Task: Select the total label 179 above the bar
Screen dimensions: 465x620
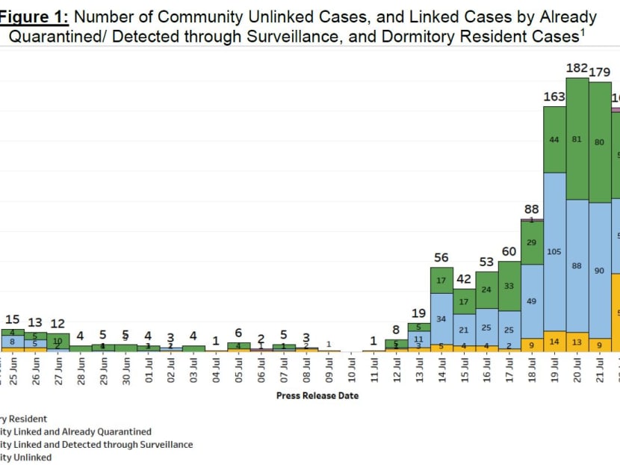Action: pos(600,73)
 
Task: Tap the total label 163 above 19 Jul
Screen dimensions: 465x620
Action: pos(554,97)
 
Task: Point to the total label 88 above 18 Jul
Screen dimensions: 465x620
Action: pos(531,209)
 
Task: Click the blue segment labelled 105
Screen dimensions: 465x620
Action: pos(554,252)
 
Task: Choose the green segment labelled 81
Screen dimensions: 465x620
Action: pos(577,139)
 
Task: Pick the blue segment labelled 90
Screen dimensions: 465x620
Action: pos(600,270)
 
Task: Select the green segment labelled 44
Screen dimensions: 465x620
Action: pos(554,140)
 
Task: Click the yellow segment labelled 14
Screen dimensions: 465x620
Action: pos(554,341)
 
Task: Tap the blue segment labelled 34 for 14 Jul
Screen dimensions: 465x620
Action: pos(441,319)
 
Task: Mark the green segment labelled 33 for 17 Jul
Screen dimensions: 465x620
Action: pos(509,286)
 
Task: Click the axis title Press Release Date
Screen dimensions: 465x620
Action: pos(317,395)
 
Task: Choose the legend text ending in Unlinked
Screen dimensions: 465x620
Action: pos(26,457)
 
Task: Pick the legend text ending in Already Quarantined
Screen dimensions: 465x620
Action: pos(75,431)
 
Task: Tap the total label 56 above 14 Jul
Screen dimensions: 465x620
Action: pos(441,258)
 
